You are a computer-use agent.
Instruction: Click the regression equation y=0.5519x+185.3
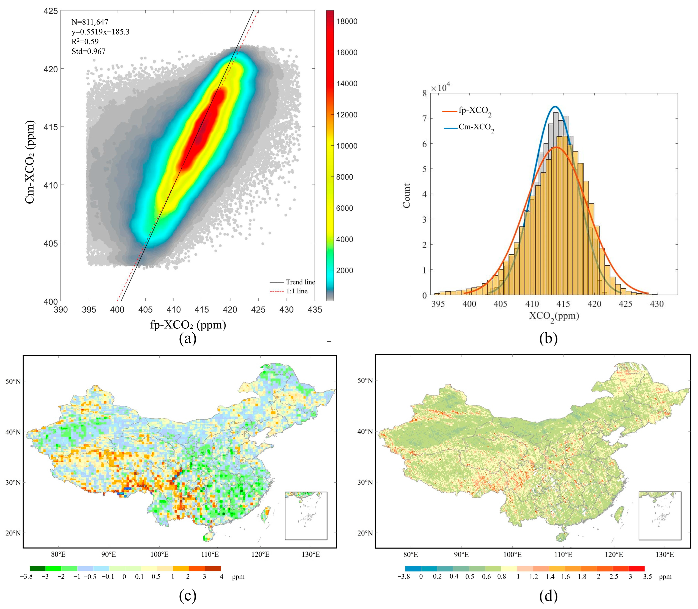(x=100, y=32)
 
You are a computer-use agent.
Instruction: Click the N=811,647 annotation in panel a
(x=90, y=22)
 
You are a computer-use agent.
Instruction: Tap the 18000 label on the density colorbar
(x=347, y=21)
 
